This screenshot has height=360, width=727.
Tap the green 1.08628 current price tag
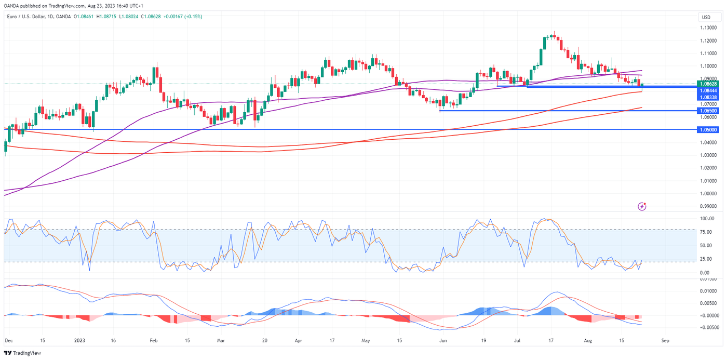point(709,84)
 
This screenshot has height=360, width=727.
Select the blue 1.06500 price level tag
point(709,111)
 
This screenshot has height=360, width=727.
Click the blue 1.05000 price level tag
point(709,129)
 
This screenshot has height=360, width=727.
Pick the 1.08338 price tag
point(709,97)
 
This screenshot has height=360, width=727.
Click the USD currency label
point(706,17)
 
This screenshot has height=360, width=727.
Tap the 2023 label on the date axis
point(79,341)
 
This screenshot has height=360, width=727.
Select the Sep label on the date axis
point(665,341)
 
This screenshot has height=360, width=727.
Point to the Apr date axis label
point(298,341)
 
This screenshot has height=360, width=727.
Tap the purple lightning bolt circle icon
point(642,206)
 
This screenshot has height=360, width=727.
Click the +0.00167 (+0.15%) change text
point(183,17)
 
